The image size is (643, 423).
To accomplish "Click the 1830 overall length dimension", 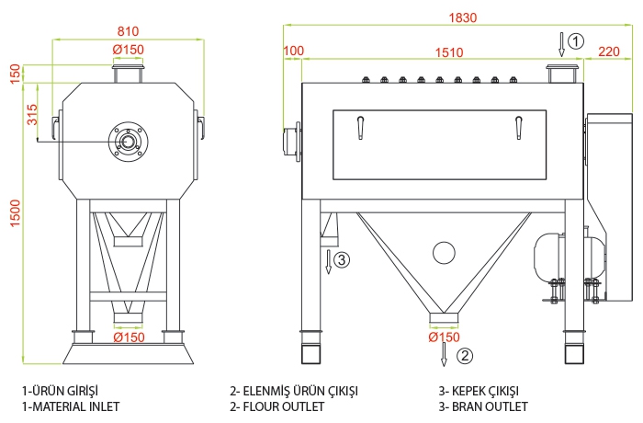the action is click(x=463, y=17).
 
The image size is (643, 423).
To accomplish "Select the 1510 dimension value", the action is click(x=449, y=52).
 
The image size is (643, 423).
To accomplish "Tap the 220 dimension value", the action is click(x=609, y=51).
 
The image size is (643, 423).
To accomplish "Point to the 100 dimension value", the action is click(x=294, y=51).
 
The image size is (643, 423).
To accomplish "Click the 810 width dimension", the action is click(x=128, y=31).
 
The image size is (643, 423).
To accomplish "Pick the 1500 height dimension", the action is click(x=15, y=213).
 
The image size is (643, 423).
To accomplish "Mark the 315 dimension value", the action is click(x=31, y=115).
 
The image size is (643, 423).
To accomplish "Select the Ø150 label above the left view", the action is click(x=129, y=50).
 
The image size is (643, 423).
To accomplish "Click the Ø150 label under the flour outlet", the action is click(x=444, y=337).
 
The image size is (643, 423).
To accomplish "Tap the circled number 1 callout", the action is click(x=576, y=41).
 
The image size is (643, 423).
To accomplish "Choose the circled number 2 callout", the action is click(x=465, y=355).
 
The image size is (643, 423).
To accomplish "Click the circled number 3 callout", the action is click(x=342, y=259).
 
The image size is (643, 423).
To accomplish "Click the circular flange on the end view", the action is click(x=129, y=122).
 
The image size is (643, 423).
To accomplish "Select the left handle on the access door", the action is click(x=360, y=128).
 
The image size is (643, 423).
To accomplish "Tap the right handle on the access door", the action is click(x=519, y=128).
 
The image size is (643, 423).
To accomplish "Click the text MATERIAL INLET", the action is click(x=76, y=406).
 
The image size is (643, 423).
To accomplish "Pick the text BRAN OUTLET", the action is click(x=490, y=406).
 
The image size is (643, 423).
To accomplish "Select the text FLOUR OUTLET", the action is click(x=284, y=406).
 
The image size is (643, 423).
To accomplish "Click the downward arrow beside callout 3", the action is click(x=328, y=261).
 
